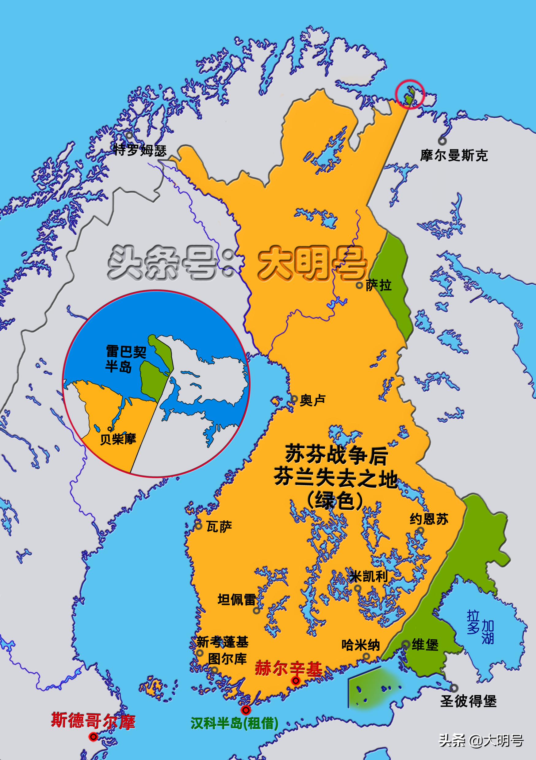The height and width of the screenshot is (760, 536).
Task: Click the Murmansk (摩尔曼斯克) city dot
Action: coord(442,141)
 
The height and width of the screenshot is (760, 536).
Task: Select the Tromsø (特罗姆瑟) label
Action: coord(140,150)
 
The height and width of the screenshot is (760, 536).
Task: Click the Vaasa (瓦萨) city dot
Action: coord(198,526)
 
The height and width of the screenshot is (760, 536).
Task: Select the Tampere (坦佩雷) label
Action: coord(236,599)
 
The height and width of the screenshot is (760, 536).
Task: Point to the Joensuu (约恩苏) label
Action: coord(429,519)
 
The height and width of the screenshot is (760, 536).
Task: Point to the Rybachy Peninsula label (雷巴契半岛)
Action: coord(126,359)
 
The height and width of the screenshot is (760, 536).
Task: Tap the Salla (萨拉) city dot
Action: coord(359,286)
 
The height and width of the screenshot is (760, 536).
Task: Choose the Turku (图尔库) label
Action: coord(227,658)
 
